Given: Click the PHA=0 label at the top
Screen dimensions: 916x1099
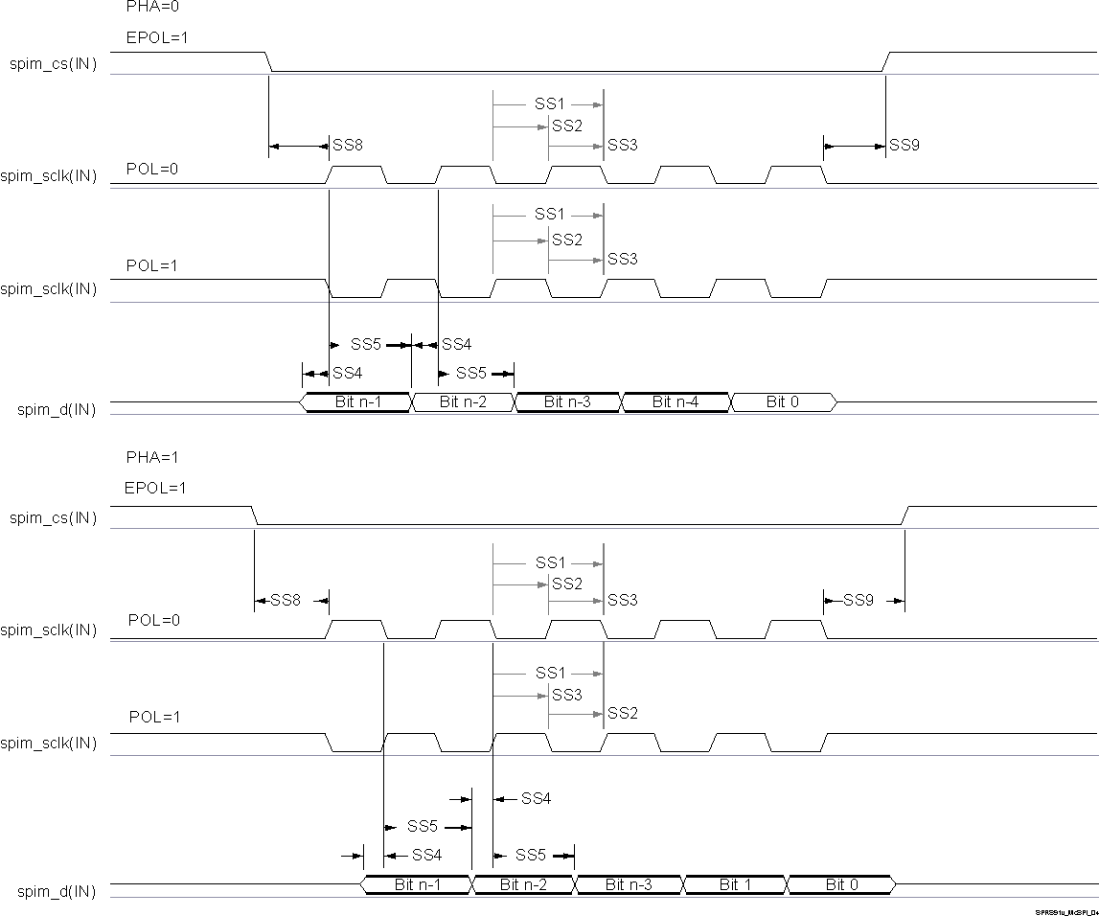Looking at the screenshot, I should (x=152, y=6).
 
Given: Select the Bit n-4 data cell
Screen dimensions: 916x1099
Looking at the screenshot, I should (x=675, y=402).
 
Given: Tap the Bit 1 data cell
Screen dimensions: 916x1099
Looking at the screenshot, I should (x=735, y=884).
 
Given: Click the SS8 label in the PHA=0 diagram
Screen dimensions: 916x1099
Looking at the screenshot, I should (x=347, y=146).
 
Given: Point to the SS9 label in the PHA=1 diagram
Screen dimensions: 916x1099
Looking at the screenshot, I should (x=859, y=601).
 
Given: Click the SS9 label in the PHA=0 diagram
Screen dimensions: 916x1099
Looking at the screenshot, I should (x=904, y=146).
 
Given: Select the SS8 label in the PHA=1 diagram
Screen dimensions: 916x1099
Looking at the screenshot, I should (x=286, y=601).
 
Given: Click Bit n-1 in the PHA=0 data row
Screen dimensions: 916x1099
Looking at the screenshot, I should (x=358, y=402).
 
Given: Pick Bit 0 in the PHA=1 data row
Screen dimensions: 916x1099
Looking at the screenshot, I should (x=841, y=884).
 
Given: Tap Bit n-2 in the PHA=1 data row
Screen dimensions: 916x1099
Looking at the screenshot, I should (x=523, y=884).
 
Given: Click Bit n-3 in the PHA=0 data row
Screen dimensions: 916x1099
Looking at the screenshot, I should (x=568, y=402).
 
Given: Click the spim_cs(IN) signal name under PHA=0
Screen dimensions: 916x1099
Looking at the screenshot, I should (x=54, y=65).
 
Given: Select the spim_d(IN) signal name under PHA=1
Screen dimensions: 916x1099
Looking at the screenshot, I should (x=57, y=892).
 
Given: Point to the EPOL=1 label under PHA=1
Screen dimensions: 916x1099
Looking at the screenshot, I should (x=155, y=488).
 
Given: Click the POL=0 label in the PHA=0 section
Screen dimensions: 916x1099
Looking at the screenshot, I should (x=153, y=169).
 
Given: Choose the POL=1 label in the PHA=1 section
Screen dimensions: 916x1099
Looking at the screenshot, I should (x=153, y=718).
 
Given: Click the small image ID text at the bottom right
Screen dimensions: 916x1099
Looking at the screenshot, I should (x=1065, y=912).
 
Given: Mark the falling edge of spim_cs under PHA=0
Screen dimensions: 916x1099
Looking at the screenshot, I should (x=269, y=62).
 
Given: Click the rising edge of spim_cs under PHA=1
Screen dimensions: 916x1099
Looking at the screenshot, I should (x=904, y=515).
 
